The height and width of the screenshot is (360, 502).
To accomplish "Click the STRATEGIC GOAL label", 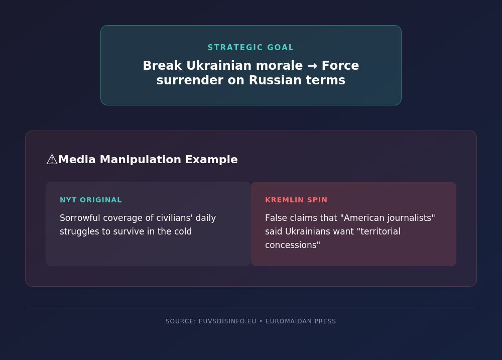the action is [x=250, y=47].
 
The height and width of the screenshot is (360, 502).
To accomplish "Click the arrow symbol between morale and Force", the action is [x=312, y=66].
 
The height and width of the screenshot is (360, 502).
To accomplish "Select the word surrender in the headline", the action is [x=190, y=80].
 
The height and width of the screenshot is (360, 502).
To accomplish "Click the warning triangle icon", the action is [x=52, y=160].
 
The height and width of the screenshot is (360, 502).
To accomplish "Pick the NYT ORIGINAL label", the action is [x=91, y=200].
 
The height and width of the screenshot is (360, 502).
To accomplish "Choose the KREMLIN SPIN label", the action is [x=296, y=200].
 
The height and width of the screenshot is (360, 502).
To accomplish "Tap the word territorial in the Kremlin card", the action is [x=381, y=231].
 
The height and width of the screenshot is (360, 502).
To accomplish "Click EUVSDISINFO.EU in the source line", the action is [x=227, y=321].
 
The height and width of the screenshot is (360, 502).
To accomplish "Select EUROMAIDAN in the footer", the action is [x=289, y=321].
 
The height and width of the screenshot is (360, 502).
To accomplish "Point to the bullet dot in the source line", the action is [x=261, y=321].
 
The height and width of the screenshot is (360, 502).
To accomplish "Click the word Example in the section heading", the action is [x=211, y=160].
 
